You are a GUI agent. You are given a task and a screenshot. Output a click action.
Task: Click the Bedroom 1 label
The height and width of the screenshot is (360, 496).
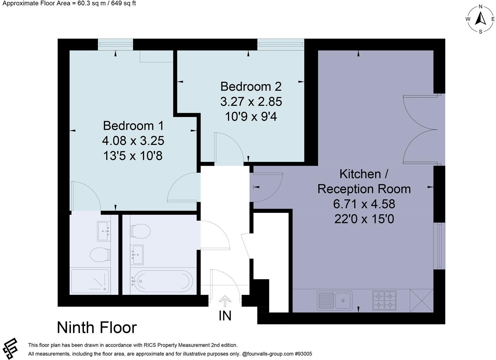pyautogui.click(x=133, y=126)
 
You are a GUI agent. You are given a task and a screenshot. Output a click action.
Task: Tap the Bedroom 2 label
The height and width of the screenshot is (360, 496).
pyautogui.click(x=251, y=86)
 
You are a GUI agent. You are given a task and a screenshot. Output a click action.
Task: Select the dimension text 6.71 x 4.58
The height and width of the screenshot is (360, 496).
pyautogui.click(x=364, y=204)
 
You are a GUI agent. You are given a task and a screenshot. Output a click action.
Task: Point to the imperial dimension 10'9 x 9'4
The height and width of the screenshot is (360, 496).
pyautogui.click(x=251, y=117)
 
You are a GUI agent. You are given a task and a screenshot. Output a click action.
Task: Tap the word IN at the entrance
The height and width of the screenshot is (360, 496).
pyautogui.click(x=225, y=316)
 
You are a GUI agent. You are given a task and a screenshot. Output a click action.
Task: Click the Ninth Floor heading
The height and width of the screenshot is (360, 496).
pyautogui.click(x=97, y=327)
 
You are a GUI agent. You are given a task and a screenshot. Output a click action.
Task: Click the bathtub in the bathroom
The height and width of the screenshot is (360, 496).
pyautogui.click(x=162, y=280)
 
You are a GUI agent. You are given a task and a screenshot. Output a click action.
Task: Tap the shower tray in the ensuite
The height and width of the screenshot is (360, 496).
pyautogui.click(x=90, y=281)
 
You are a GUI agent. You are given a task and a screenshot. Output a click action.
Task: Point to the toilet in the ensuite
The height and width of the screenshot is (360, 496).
pyautogui.click(x=100, y=254)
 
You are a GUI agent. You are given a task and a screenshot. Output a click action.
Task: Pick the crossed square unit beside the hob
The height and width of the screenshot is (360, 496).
pyautogui.click(x=421, y=300)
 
